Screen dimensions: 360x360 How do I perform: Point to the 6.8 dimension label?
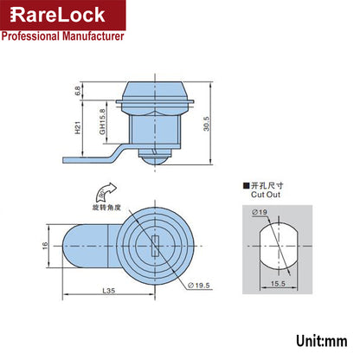(x=77, y=89)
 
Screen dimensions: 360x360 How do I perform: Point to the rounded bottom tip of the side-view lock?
(x=161, y=161)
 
